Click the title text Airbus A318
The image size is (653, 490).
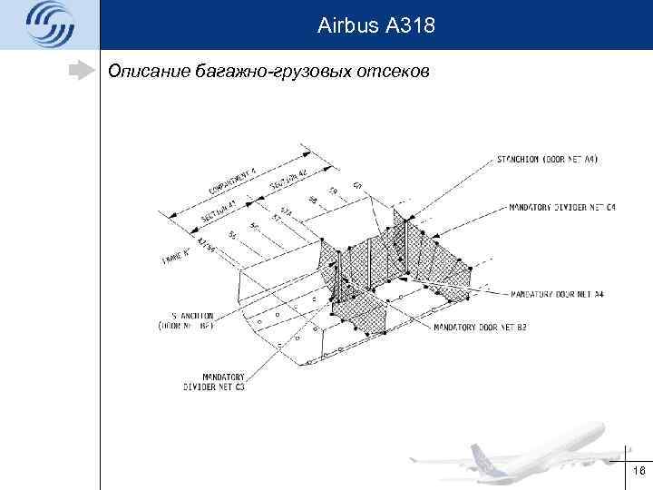pos(376,27)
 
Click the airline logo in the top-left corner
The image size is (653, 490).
pos(48,24)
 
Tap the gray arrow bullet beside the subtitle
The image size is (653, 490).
pos(83,70)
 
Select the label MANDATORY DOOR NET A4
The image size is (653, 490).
pos(557,294)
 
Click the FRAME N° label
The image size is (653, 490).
pos(178,257)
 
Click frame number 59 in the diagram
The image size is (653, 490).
pos(333,192)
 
